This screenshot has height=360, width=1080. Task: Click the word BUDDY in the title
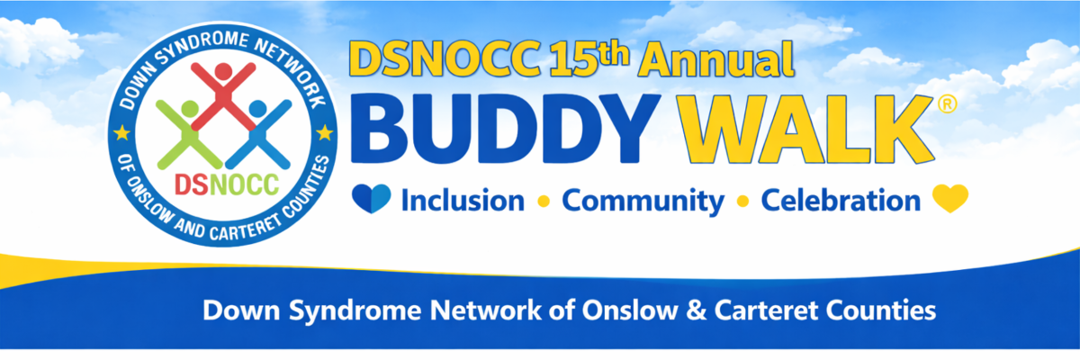[x=505, y=129]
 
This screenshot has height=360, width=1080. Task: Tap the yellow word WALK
[x=805, y=130]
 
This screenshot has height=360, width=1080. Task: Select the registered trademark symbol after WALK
[x=948, y=104]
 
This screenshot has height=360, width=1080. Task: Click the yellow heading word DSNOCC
[x=446, y=58]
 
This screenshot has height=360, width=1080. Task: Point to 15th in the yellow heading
[x=589, y=58]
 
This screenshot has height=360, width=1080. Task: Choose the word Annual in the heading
[x=716, y=58]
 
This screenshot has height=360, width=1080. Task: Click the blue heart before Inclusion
[x=371, y=199]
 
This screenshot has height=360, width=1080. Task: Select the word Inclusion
[x=463, y=201]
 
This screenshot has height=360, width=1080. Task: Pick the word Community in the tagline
[x=643, y=202]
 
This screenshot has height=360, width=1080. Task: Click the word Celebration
[x=841, y=201]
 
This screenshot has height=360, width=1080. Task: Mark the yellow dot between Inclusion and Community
[x=544, y=202]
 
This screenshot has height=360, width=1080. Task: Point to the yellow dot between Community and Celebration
[x=743, y=202]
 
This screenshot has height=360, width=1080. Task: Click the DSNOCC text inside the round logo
[x=227, y=184]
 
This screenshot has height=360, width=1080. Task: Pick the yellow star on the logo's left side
[x=121, y=132]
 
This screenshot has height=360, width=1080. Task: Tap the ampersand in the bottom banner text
[x=696, y=310]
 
